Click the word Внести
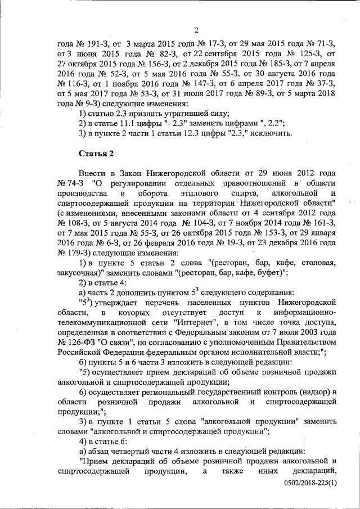(x=91, y=174)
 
